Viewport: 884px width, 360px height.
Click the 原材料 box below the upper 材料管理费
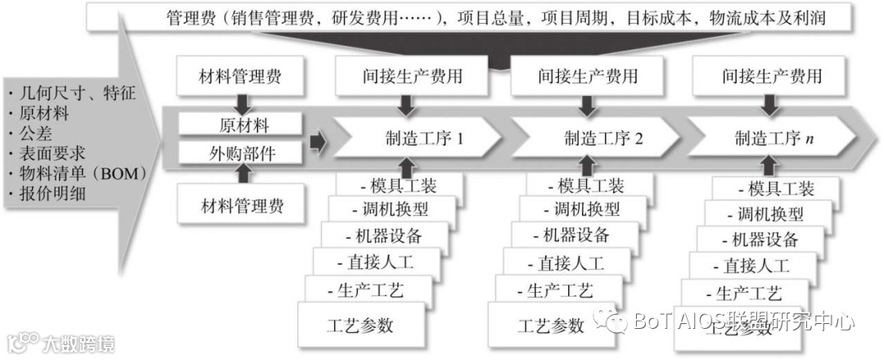click(x=243, y=126)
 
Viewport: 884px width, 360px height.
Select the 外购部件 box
click(x=243, y=153)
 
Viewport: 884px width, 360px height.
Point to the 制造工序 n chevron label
click(x=773, y=138)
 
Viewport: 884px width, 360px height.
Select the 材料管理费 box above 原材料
click(x=240, y=78)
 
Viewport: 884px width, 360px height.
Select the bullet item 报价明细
click(x=54, y=194)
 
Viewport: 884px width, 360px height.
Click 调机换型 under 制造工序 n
click(x=764, y=214)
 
